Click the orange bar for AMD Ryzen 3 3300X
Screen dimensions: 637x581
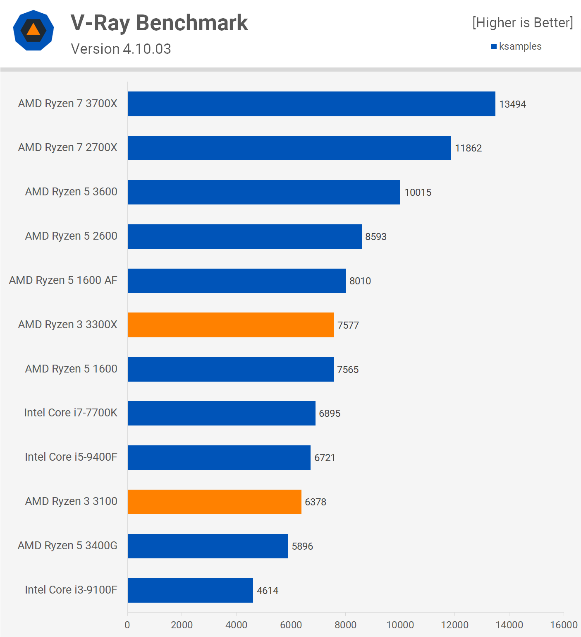231,325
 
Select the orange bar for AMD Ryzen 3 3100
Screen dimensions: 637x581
214,502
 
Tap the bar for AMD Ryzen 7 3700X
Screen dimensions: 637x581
311,104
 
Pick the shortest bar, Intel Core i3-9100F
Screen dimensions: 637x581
190,590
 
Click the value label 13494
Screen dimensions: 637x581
512,104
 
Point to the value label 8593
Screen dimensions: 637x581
375,237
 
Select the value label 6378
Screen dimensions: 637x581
315,502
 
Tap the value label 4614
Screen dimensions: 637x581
268,591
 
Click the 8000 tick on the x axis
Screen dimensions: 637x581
345,625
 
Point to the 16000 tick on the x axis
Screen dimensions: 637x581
563,625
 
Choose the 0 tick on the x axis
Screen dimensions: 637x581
127,625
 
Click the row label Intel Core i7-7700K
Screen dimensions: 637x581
71,413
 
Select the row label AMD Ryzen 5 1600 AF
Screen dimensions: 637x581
63,280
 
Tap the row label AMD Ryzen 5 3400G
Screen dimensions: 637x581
67,546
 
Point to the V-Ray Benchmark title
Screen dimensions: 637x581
159,23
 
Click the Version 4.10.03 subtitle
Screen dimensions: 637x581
121,49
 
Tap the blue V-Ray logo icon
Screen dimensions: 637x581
33,30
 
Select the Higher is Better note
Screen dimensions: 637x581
522,23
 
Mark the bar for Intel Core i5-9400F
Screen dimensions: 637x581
219,457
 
